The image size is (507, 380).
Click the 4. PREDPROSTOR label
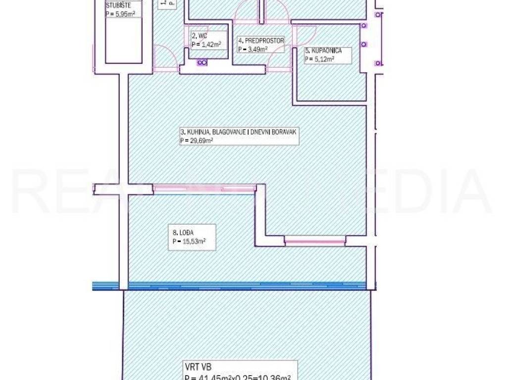click(x=261, y=41)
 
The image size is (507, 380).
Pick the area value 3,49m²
click(x=253, y=48)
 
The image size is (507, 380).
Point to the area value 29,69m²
click(x=197, y=141)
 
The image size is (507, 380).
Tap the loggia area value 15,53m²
click(x=189, y=241)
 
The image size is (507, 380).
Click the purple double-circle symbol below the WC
click(x=202, y=63)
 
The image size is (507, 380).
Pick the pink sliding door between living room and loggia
click(x=204, y=188)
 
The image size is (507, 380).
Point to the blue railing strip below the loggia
click(x=233, y=285)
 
